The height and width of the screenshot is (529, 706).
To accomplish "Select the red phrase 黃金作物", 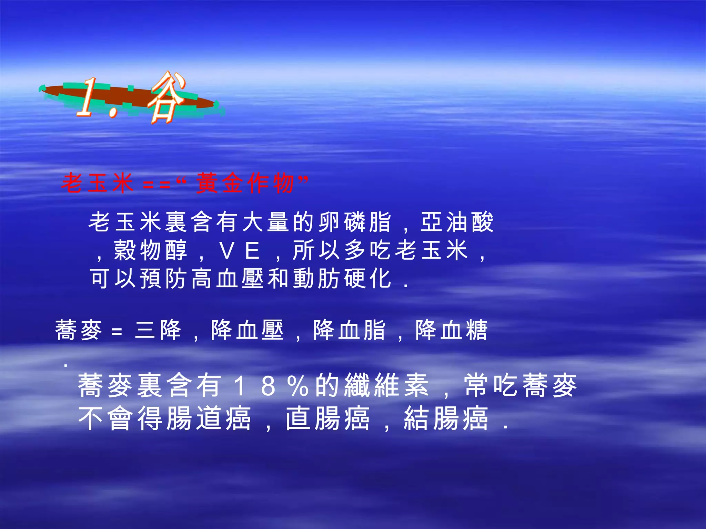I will pyautogui.click(x=245, y=183).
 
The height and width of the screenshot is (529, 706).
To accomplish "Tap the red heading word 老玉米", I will pyautogui.click(x=98, y=183).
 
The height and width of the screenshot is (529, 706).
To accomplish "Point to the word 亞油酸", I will pyautogui.click(x=457, y=222).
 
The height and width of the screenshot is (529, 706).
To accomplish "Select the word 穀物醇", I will pyautogui.click(x=151, y=250).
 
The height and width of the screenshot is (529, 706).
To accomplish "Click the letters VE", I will pyautogui.click(x=240, y=251).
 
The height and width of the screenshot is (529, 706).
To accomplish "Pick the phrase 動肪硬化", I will pyautogui.click(x=343, y=278).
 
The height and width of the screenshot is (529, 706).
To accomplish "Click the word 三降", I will pyautogui.click(x=158, y=330).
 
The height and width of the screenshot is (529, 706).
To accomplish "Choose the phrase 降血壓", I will pyautogui.click(x=247, y=330).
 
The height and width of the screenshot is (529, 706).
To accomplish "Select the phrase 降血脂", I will pyautogui.click(x=349, y=330).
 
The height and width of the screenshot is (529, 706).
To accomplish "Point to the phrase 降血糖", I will pyautogui.click(x=452, y=330).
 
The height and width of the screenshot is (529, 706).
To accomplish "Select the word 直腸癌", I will pyautogui.click(x=328, y=418).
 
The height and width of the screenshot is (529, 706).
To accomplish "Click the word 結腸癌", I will pyautogui.click(x=446, y=418).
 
